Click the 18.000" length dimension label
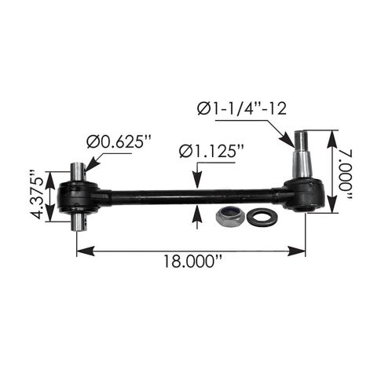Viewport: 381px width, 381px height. [x=193, y=261]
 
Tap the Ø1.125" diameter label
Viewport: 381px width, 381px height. [x=211, y=152]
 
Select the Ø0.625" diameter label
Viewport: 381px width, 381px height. [x=119, y=142]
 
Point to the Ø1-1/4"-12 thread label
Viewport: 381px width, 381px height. [x=242, y=108]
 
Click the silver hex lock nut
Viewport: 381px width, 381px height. [x=230, y=216]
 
